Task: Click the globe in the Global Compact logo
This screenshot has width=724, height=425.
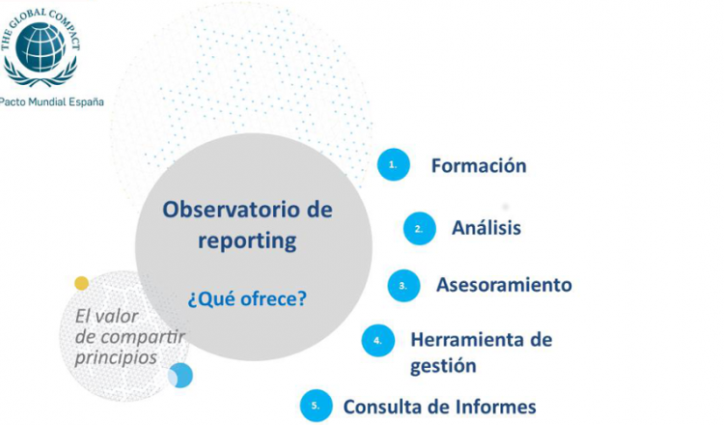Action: [41, 47]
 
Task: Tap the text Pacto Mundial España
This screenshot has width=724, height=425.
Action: [52, 102]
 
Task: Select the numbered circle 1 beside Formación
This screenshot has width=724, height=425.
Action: [394, 164]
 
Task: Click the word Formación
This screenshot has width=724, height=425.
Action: [479, 166]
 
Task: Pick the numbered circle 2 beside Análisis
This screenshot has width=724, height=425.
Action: [419, 229]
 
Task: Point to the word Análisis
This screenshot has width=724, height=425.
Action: [487, 228]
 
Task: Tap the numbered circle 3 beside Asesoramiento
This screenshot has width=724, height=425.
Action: [404, 286]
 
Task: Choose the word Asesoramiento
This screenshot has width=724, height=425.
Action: [504, 285]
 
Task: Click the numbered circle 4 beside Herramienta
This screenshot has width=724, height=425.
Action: [378, 340]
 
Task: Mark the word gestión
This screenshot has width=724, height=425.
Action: [443, 366]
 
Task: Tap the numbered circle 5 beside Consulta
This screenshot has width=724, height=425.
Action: [316, 406]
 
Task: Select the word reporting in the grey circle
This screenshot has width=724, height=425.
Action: [247, 241]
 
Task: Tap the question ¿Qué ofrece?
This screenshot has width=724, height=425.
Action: [247, 298]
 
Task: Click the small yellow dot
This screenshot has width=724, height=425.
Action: [82, 283]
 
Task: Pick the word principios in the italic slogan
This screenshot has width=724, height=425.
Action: [116, 358]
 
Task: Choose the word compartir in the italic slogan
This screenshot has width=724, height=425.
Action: [144, 338]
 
